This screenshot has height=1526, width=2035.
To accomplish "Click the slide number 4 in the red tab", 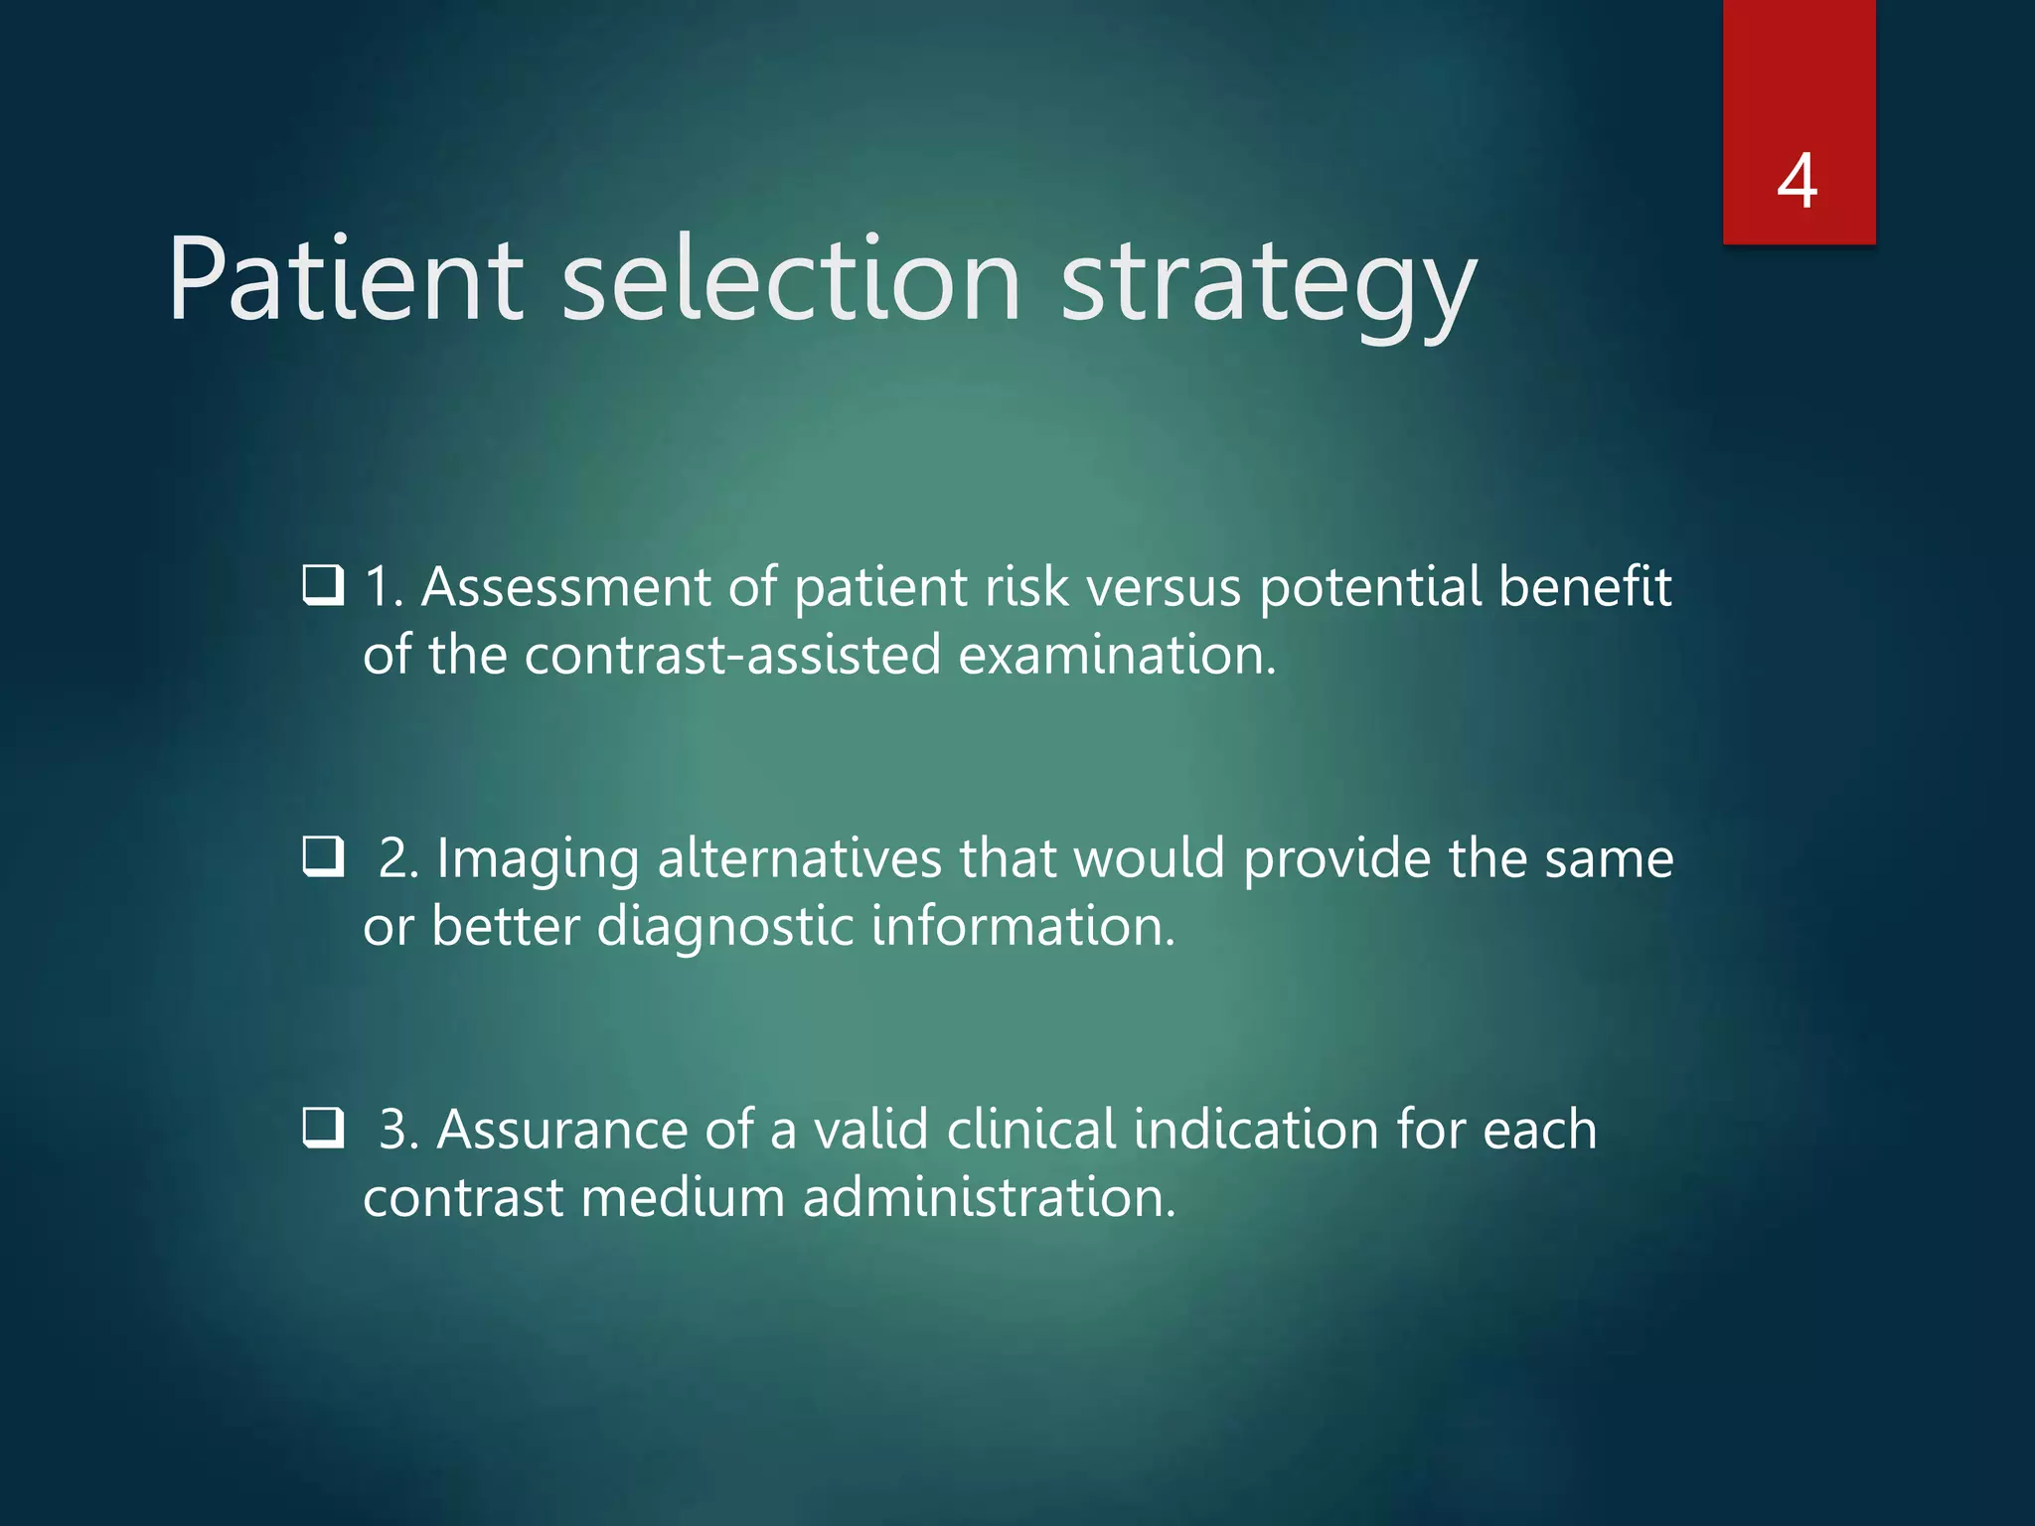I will tap(1798, 182).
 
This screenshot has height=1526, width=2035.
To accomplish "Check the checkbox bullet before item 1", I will tap(323, 585).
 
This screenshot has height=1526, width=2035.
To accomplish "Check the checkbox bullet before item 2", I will tap(323, 855).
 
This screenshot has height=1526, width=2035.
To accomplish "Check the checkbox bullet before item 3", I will tap(323, 1128).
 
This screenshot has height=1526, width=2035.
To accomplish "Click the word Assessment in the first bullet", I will tap(565, 587).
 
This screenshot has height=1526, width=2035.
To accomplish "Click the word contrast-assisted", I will tap(732, 656).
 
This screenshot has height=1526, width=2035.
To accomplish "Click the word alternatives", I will tap(799, 858).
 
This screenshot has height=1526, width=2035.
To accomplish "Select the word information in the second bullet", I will tap(1022, 926).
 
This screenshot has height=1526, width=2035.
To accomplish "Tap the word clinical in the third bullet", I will tap(1031, 1130).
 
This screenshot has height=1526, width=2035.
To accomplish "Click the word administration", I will tap(989, 1197).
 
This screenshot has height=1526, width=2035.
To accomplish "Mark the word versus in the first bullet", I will tap(1164, 587).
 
